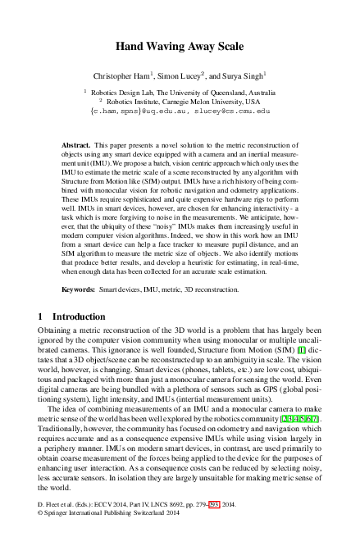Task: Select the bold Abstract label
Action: click(75, 144)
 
